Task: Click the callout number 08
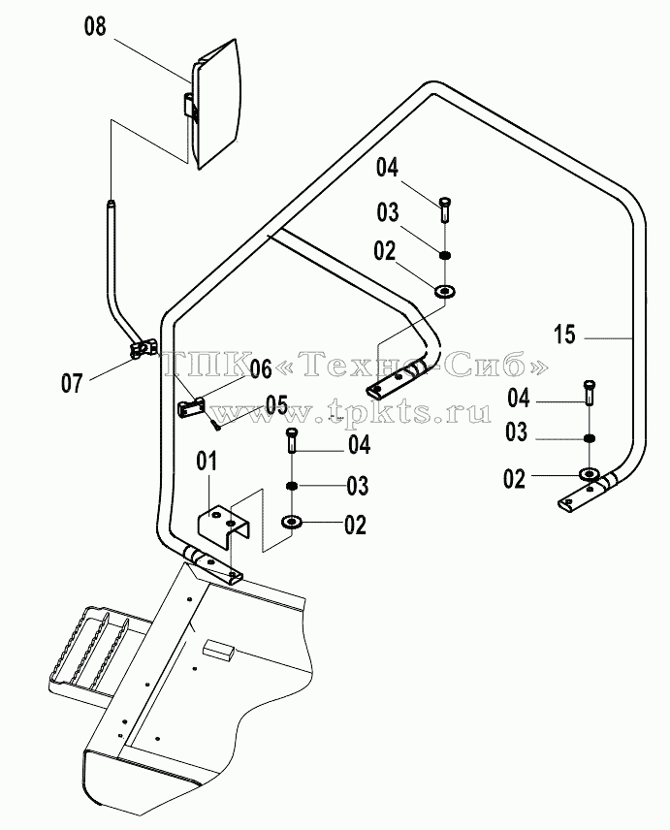95,26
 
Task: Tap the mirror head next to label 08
216,105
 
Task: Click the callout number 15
564,335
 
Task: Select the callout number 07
72,383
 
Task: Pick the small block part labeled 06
190,408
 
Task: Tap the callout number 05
276,405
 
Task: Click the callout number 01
207,462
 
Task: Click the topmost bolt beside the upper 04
445,209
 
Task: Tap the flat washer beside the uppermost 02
445,291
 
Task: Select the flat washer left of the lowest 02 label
292,522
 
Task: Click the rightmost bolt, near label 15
589,393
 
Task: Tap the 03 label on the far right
516,432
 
